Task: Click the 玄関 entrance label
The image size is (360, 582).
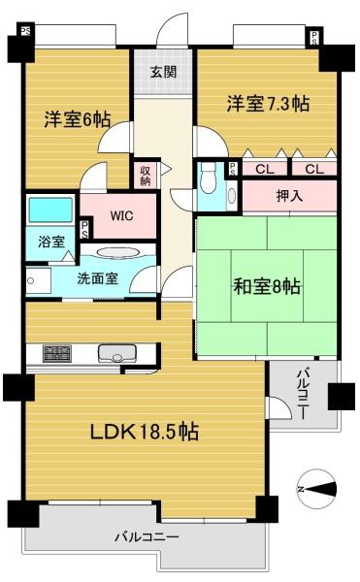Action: tap(163, 72)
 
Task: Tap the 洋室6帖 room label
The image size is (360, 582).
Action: tap(78, 119)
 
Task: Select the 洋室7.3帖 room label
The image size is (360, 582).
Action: tap(268, 103)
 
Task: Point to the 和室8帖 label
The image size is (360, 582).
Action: tap(267, 286)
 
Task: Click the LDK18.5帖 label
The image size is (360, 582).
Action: tap(145, 432)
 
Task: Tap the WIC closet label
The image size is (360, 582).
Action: tap(121, 215)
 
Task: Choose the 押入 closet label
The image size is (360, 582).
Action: tap(289, 196)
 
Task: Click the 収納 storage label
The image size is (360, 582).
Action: tap(146, 176)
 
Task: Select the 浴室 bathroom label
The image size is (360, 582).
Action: tap(51, 242)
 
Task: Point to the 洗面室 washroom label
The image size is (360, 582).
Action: tap(98, 278)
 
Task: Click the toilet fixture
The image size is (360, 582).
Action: tap(208, 178)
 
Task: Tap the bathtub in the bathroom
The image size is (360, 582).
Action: tap(50, 210)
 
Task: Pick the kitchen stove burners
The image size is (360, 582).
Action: tap(57, 353)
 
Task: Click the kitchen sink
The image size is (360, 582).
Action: tap(116, 353)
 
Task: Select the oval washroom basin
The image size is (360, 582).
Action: tap(118, 252)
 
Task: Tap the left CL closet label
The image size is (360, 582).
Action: tap(265, 169)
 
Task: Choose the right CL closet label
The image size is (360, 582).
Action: tap(314, 169)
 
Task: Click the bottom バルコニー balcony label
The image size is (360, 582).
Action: tap(147, 537)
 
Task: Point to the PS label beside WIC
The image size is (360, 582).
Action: tap(85, 230)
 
